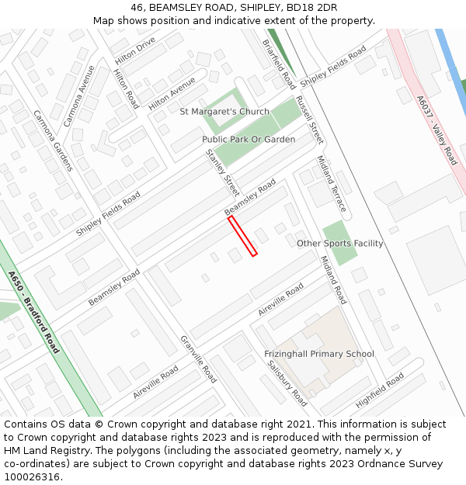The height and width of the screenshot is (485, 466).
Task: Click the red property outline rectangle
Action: coord(242,236)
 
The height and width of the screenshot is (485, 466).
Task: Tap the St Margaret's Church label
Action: coord(224,112)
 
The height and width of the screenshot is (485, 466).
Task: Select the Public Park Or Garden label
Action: coord(249,140)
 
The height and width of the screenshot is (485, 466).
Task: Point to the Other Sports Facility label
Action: coord(340,244)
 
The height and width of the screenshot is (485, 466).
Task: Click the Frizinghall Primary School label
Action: coord(318,354)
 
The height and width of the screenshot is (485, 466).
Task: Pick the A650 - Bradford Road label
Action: coord(34,311)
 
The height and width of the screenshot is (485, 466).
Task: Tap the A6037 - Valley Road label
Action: coord(437,130)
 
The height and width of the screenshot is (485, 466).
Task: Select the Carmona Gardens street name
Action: coord(53,140)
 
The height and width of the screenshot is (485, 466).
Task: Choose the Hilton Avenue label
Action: coord(172,92)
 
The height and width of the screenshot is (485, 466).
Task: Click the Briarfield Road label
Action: coord(279,64)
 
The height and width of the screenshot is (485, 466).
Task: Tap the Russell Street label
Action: coord(309,120)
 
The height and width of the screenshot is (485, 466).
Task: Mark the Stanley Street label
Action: coord(222,172)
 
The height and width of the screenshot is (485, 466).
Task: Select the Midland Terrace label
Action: coord(331,183)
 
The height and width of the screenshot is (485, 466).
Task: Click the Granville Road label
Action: coord(198,359)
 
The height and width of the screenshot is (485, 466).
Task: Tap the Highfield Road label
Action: coord(380,390)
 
